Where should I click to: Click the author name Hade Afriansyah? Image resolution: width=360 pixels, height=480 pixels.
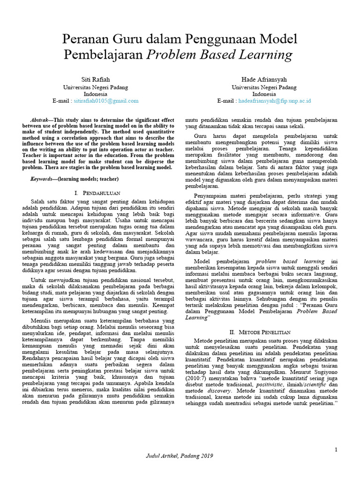(x=264, y=78)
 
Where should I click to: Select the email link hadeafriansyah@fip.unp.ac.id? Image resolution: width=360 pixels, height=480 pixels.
(x=275, y=101)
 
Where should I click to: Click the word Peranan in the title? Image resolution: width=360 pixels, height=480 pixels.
(x=85, y=38)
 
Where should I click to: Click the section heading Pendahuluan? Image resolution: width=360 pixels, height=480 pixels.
(x=102, y=193)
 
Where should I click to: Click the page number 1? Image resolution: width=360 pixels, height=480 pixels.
(x=336, y=450)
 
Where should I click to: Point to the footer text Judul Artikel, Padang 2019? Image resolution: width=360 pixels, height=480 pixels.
(x=180, y=456)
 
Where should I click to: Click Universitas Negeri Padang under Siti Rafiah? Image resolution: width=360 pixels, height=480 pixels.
(x=95, y=87)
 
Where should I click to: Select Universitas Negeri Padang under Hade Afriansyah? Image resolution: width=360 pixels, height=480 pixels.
(x=264, y=87)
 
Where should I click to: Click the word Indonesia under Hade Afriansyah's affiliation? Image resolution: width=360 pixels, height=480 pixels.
(x=264, y=94)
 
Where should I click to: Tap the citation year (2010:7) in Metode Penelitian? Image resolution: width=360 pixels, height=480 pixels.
(x=196, y=377)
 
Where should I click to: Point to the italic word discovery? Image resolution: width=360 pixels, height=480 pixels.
(x=220, y=390)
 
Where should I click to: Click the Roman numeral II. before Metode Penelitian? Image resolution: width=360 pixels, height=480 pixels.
(x=235, y=332)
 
